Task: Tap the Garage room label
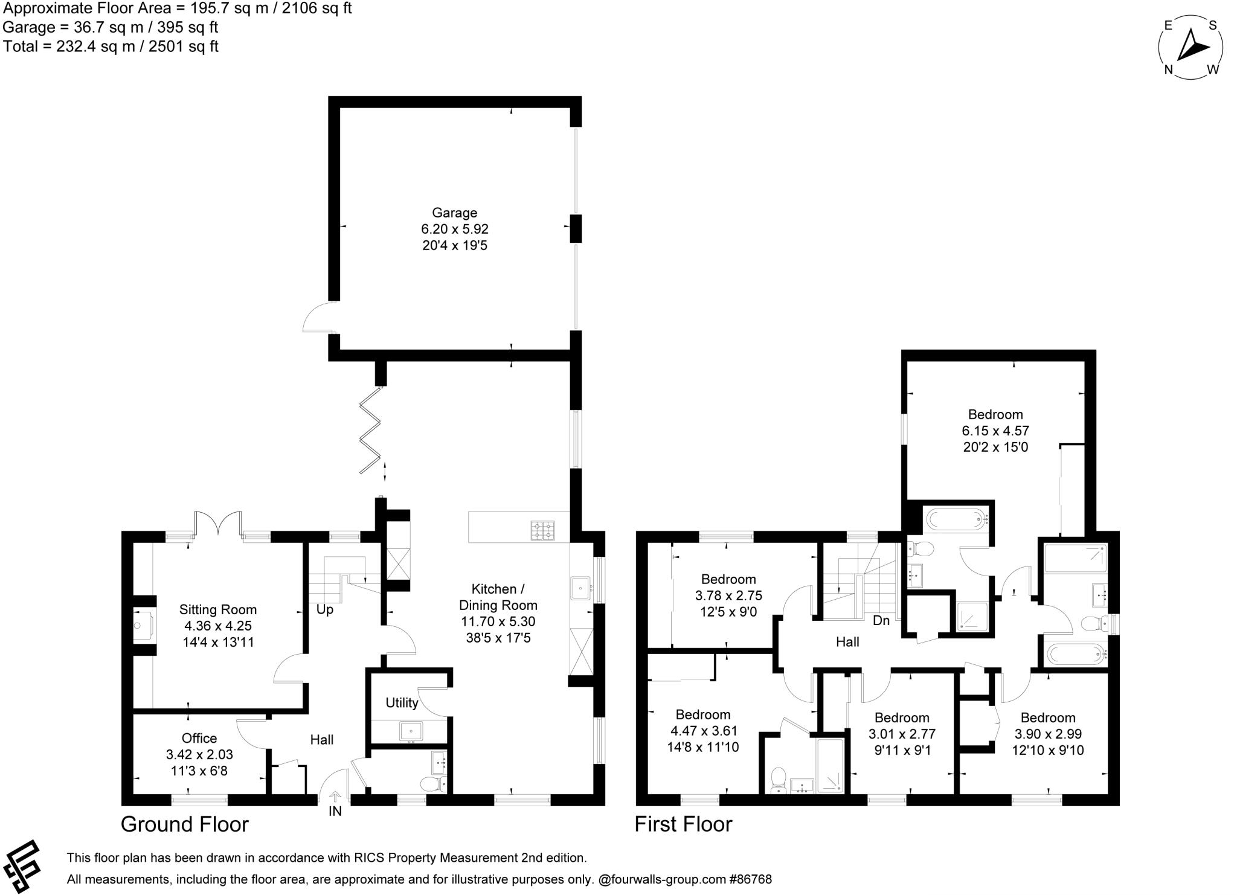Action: pyautogui.click(x=454, y=213)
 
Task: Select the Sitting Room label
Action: pyautogui.click(x=217, y=609)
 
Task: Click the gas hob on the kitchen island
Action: pyautogui.click(x=542, y=530)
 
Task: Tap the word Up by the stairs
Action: pyautogui.click(x=325, y=609)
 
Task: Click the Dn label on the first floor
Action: pyautogui.click(x=881, y=620)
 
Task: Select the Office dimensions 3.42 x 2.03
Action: pyautogui.click(x=199, y=754)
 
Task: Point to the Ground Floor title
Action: pyautogui.click(x=184, y=824)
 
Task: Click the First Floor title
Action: pyautogui.click(x=683, y=824)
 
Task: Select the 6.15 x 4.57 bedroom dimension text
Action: pyautogui.click(x=995, y=431)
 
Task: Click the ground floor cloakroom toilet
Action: pyautogui.click(x=432, y=784)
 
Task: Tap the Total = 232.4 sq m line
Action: pyautogui.click(x=111, y=47)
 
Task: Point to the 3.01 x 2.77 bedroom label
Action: pyautogui.click(x=902, y=734)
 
